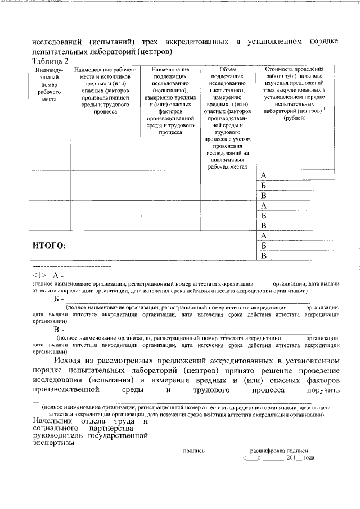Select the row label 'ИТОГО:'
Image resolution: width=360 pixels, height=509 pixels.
(49, 245)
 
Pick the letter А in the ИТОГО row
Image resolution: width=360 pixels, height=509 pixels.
(263, 235)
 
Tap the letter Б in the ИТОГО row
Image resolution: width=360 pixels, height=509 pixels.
(263, 245)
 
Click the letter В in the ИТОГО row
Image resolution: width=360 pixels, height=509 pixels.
(263, 256)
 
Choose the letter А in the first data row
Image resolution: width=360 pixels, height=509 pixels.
(263, 175)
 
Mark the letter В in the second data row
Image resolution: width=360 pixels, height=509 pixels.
(263, 226)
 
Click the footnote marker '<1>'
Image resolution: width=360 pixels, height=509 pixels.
(39, 275)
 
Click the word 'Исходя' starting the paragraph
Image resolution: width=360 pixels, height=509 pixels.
(70, 359)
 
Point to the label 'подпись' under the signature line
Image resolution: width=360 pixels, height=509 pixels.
(193, 451)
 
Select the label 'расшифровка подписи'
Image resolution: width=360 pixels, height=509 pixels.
(279, 451)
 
